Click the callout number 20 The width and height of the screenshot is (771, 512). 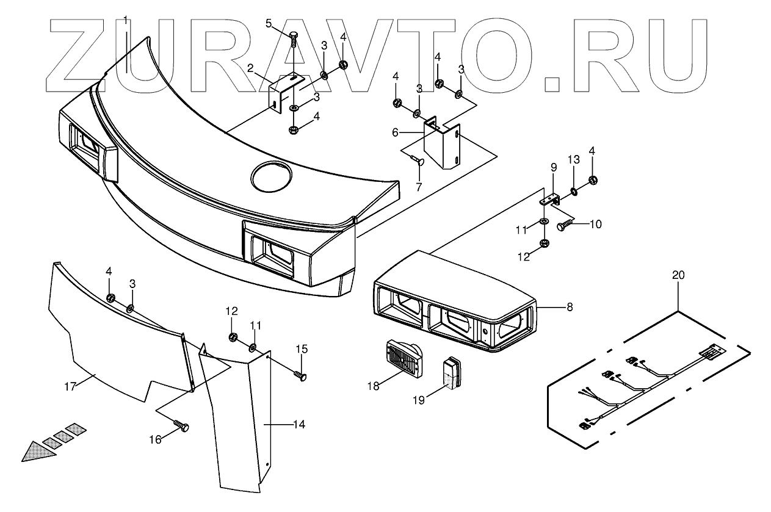pos(678,275)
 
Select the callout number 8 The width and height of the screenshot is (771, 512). pos(570,307)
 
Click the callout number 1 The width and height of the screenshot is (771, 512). pos(126,20)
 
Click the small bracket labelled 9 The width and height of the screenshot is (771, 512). pos(552,199)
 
